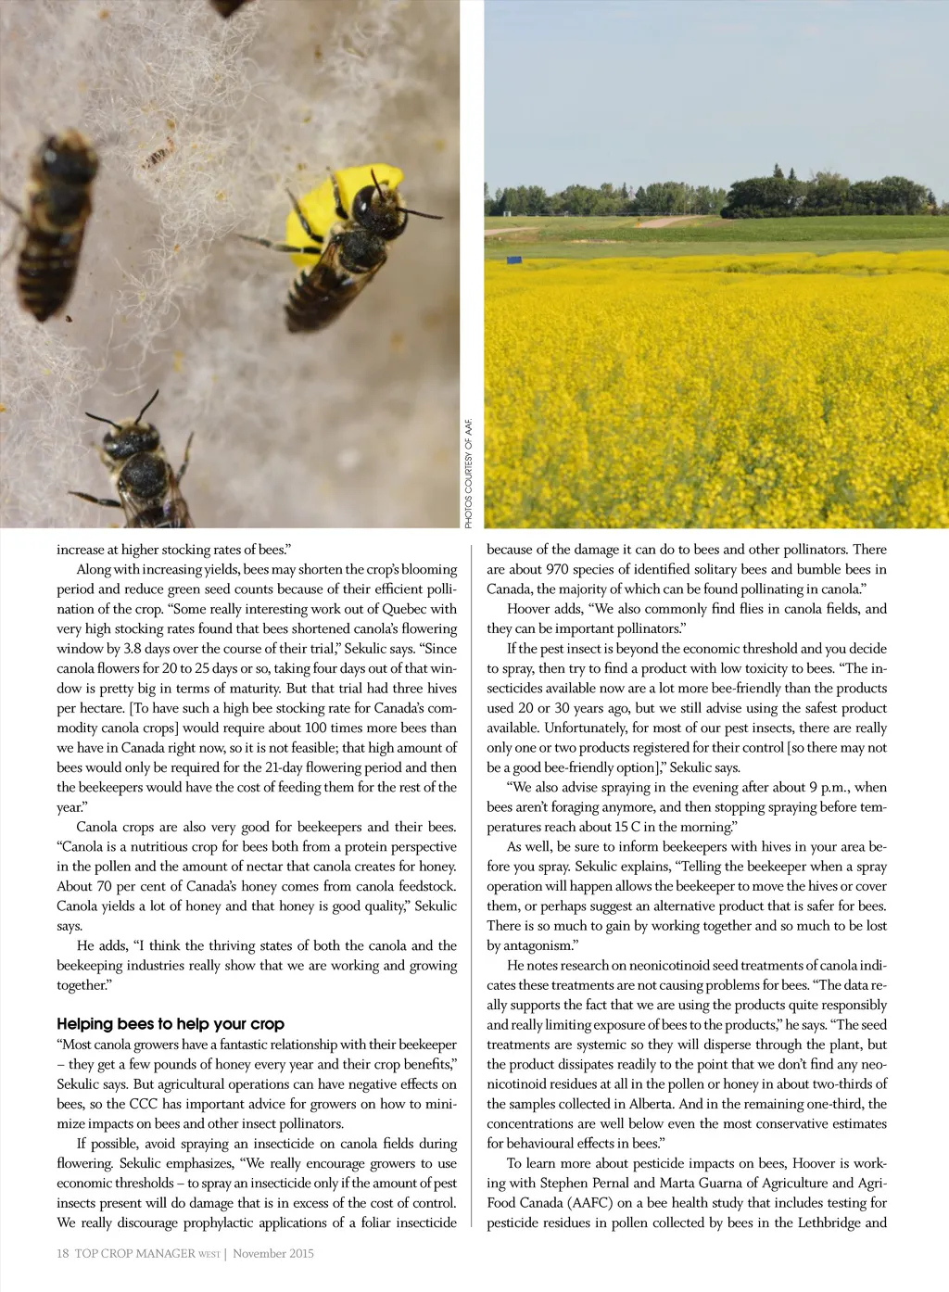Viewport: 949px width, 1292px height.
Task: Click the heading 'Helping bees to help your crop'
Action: click(x=171, y=1024)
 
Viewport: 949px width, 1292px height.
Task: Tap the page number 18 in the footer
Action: click(x=62, y=1253)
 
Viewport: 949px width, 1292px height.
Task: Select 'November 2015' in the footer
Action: click(x=273, y=1253)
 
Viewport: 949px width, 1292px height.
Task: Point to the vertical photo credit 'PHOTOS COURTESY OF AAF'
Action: click(x=469, y=474)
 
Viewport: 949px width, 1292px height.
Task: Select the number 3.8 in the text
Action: click(x=133, y=649)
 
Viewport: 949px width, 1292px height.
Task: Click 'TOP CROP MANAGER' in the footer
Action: click(x=135, y=1253)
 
